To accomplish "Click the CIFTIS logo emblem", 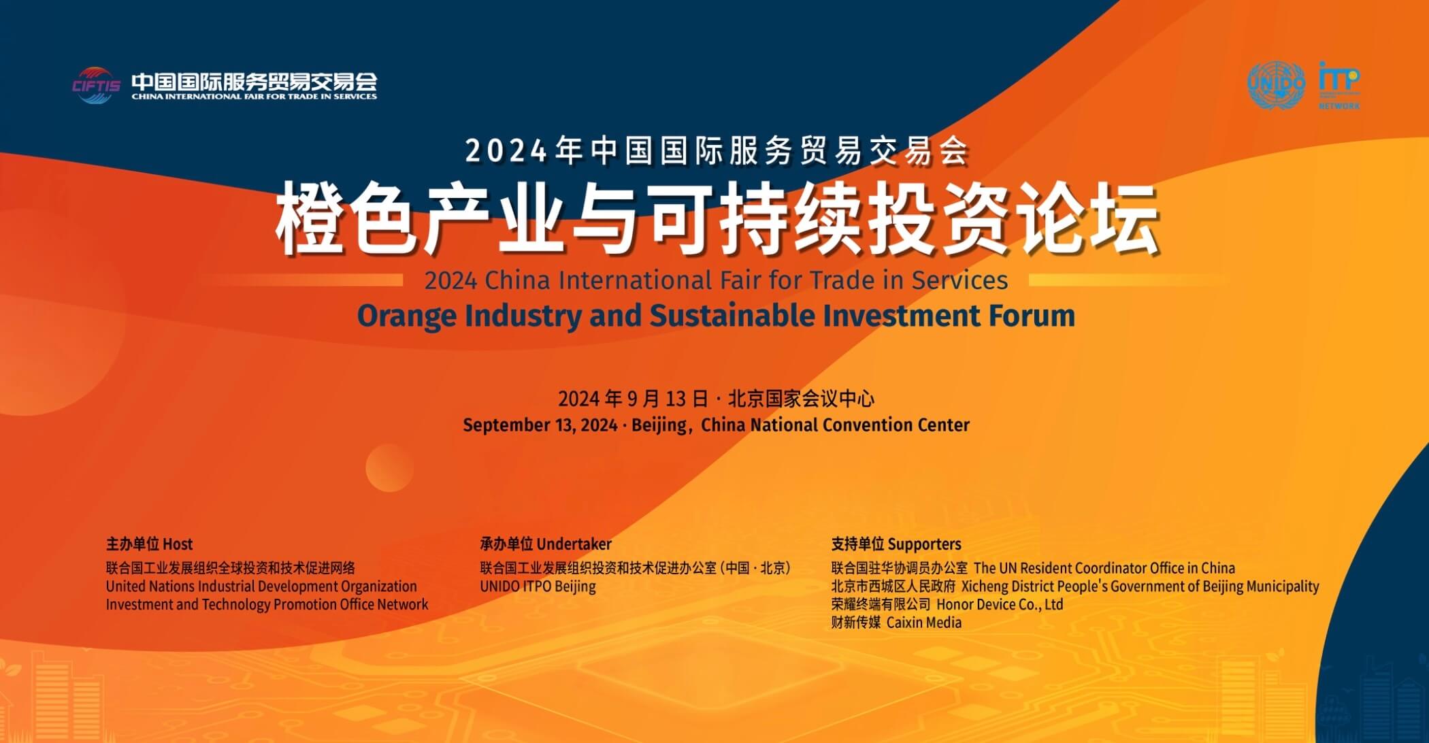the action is [96, 85].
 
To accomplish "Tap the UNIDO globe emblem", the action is [1277, 86].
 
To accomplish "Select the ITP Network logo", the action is [1339, 86].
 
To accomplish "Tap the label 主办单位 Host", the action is [149, 544].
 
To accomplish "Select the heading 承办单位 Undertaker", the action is [546, 544].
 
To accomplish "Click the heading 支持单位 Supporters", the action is [896, 544].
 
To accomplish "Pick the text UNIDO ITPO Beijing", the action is [538, 587].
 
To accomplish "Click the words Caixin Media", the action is [924, 623].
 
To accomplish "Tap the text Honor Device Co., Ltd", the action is [1000, 605].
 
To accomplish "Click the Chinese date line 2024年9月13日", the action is [634, 399].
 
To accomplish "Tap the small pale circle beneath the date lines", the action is [389, 467].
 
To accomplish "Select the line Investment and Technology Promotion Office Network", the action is [267, 605].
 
